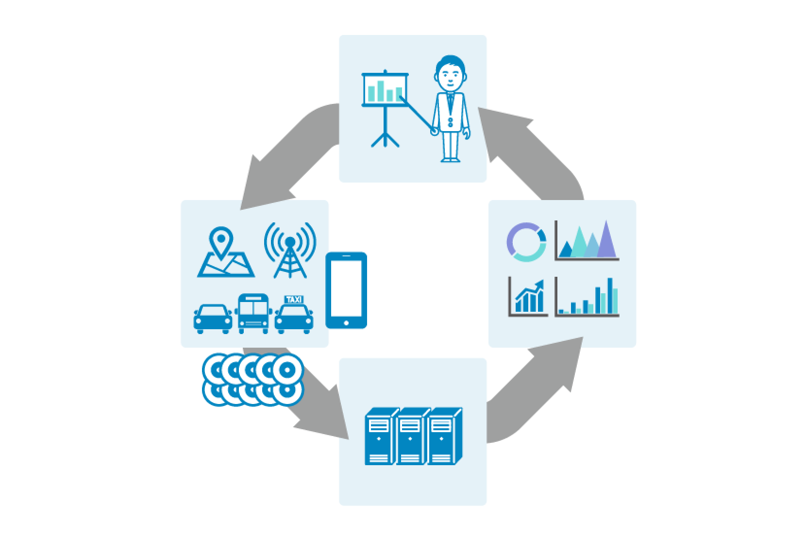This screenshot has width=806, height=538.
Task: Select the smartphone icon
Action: tap(346, 290)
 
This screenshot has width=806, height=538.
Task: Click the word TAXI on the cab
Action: tap(293, 300)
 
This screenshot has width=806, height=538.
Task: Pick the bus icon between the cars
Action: tap(252, 313)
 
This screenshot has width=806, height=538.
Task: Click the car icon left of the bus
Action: tap(213, 319)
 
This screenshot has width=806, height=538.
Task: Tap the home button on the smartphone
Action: tap(346, 322)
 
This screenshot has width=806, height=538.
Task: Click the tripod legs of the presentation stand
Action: tap(385, 137)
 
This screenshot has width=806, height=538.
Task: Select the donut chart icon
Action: tap(526, 242)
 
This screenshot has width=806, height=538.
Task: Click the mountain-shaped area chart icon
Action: tap(587, 241)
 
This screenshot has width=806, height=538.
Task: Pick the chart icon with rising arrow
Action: tap(528, 297)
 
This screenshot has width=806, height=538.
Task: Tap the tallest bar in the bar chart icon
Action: tap(610, 296)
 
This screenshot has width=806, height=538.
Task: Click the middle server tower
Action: tap(412, 436)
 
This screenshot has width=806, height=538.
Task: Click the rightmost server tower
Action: tap(444, 436)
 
